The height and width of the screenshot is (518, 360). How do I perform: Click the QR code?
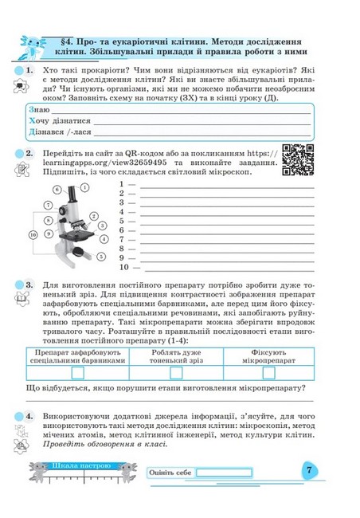click(x=298, y=160)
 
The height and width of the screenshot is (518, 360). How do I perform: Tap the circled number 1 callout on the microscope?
click(x=85, y=187)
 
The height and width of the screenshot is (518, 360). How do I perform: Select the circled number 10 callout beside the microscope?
click(x=33, y=235)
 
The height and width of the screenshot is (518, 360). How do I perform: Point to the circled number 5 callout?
click(x=101, y=256)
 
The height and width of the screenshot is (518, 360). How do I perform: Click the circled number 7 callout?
click(x=49, y=205)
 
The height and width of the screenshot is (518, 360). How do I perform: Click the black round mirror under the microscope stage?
click(x=79, y=251)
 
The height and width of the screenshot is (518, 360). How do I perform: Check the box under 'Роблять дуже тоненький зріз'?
click(x=176, y=373)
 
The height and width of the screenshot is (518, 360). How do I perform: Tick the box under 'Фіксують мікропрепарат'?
click(x=268, y=373)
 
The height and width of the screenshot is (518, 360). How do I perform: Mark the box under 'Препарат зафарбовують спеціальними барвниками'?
click(x=77, y=373)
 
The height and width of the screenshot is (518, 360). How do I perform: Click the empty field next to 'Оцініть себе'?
click(x=225, y=473)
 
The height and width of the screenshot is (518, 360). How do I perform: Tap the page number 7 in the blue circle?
click(x=309, y=469)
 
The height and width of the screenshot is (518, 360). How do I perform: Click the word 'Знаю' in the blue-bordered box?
click(x=39, y=110)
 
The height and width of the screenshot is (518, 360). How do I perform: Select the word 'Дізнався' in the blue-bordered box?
click(x=46, y=131)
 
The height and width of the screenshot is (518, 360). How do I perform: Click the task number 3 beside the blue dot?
click(x=29, y=285)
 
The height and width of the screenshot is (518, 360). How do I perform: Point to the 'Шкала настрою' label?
click(x=81, y=466)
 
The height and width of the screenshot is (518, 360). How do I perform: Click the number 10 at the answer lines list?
click(x=124, y=267)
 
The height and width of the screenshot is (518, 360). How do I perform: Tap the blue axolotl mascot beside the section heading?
click(x=33, y=48)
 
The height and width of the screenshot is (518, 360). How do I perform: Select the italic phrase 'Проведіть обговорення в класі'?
click(x=105, y=444)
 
